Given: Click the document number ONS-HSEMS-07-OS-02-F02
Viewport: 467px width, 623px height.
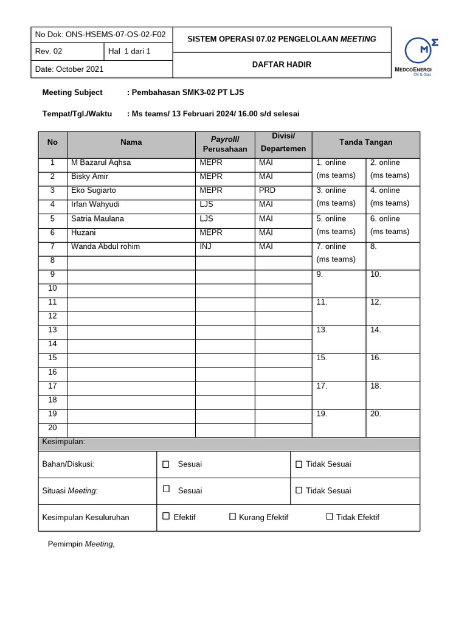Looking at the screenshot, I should (102, 35).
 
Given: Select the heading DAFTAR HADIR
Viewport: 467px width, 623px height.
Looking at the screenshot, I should (282, 64).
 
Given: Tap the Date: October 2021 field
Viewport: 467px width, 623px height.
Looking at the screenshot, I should (69, 69).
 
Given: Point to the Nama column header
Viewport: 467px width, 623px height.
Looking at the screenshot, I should (131, 142).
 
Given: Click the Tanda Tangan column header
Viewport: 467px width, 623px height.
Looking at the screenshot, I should (365, 142).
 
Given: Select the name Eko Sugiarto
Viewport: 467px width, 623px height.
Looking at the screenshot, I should (94, 190).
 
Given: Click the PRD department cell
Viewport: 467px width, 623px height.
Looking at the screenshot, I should (267, 190).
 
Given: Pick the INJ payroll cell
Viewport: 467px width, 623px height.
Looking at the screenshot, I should (206, 246).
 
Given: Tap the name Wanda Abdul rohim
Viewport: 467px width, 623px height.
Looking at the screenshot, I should (105, 246).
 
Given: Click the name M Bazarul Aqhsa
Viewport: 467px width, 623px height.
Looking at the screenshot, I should (101, 162).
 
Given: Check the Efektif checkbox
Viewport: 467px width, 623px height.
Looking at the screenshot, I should (166, 517).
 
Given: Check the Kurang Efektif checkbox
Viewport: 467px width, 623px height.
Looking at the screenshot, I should (232, 517).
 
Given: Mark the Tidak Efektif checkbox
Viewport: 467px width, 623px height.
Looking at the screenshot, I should (330, 517).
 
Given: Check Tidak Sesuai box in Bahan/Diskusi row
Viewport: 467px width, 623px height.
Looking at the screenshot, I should (299, 464).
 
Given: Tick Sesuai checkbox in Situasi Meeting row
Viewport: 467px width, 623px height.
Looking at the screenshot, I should (166, 489).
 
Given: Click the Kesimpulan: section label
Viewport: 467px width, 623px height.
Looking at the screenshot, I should (63, 442).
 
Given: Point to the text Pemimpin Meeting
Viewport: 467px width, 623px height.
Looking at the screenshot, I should (81, 544).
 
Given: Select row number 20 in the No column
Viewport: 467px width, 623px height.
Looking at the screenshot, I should (52, 428).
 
